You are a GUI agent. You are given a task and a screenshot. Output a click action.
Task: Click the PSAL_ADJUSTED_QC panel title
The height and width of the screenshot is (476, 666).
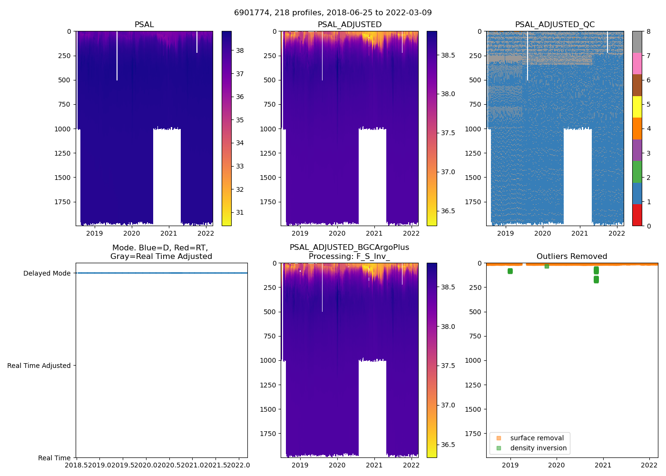[555, 25]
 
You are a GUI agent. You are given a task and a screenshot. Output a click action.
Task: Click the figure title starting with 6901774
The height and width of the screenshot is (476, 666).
[333, 13]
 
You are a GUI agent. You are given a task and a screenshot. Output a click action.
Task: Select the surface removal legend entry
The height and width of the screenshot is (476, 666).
[537, 438]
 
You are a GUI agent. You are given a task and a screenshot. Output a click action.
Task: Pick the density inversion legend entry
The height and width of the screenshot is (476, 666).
[538, 448]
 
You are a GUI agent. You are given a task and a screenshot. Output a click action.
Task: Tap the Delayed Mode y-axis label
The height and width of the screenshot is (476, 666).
[47, 273]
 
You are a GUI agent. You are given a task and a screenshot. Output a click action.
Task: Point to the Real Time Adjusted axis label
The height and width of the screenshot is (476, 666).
[39, 366]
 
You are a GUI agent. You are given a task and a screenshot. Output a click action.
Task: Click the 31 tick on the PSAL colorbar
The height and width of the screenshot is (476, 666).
[240, 212]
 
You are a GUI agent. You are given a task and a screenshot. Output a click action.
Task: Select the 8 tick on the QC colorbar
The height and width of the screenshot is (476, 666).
[648, 31]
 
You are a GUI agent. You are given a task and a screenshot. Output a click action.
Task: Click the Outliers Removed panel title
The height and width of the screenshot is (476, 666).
[572, 257]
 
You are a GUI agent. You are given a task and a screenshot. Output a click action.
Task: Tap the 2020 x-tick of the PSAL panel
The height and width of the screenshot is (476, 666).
[132, 233]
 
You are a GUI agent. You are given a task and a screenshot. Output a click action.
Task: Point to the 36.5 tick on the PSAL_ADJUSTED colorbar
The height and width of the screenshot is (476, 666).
[448, 211]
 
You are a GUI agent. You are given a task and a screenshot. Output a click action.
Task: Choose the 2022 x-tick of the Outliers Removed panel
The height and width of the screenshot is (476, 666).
[649, 465]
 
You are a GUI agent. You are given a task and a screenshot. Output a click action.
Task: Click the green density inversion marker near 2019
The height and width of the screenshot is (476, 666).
[510, 271]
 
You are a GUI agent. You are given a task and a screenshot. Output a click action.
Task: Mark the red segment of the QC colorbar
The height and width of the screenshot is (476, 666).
[637, 215]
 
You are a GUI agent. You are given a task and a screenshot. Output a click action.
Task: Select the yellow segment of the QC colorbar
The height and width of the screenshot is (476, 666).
[637, 107]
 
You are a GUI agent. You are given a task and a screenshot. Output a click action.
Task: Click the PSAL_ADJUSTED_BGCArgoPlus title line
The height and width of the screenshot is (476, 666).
[349, 248]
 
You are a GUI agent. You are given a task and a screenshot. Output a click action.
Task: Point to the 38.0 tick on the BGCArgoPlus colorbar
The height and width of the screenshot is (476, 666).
[448, 327]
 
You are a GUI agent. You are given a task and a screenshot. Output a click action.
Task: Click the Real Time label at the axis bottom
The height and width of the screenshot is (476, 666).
[54, 458]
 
